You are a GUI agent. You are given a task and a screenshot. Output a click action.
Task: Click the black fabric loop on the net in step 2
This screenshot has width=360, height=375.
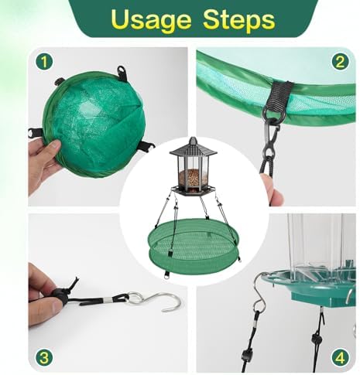coord(278,97)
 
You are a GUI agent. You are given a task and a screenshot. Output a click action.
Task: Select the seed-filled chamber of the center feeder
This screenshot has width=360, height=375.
coord(188,177)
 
